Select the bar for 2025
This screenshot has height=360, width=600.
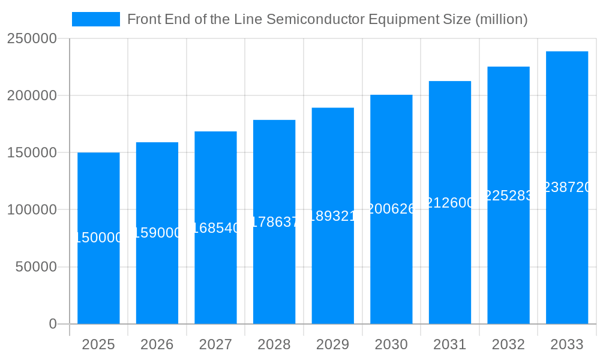[98, 270]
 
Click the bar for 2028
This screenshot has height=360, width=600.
[274, 270]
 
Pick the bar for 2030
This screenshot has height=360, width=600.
[391, 270]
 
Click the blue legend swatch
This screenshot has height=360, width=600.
[96, 19]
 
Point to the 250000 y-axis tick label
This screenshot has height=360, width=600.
[32, 39]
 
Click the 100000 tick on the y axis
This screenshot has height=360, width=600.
[32, 210]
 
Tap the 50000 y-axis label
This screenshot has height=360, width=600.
[35, 267]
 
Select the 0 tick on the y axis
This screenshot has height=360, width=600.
[52, 324]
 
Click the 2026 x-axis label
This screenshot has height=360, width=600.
[157, 344]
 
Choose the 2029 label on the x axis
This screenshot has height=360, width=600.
[332, 344]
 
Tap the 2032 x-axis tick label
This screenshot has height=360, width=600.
[508, 344]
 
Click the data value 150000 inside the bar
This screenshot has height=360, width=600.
[98, 238]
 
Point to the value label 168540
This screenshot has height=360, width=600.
[215, 228]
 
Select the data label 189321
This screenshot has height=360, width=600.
[332, 216]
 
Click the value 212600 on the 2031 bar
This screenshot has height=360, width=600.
[450, 203]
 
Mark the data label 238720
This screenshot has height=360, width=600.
[567, 188]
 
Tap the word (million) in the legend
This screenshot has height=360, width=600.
[501, 19]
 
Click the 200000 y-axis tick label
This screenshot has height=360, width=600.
[32, 96]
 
